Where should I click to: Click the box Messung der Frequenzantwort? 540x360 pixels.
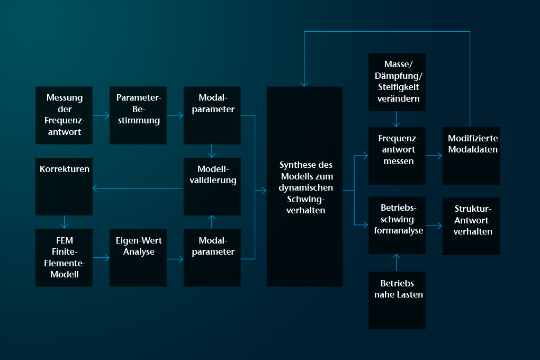tap(64, 115)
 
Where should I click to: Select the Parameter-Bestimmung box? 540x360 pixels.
tap(138, 115)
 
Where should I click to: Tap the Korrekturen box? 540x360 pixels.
tap(64, 187)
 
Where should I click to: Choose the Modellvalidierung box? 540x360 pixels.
tap(212, 187)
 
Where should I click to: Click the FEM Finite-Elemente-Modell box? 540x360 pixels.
tap(64, 258)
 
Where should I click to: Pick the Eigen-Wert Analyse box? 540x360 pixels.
tap(138, 258)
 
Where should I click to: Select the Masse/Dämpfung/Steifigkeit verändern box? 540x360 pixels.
tap(397, 83)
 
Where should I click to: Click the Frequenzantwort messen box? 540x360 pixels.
tap(397, 156)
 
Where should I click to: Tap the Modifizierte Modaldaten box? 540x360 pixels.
tap(471, 156)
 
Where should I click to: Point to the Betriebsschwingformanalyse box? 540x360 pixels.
tap(397, 226)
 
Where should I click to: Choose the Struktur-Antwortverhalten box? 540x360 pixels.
tap(471, 227)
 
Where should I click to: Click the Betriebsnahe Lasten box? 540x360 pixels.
tap(397, 300)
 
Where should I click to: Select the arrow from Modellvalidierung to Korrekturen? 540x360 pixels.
tap(138, 188)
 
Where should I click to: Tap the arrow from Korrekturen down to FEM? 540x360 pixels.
tap(64, 222)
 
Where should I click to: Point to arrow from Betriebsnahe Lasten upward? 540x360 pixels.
tap(397, 263)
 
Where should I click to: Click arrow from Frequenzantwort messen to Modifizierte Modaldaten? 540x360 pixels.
tap(434, 156)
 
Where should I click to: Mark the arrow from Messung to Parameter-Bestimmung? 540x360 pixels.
tap(101, 115)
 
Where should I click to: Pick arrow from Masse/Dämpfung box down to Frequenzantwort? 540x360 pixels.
tap(397, 119)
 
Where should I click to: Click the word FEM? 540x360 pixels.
tap(65, 240)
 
